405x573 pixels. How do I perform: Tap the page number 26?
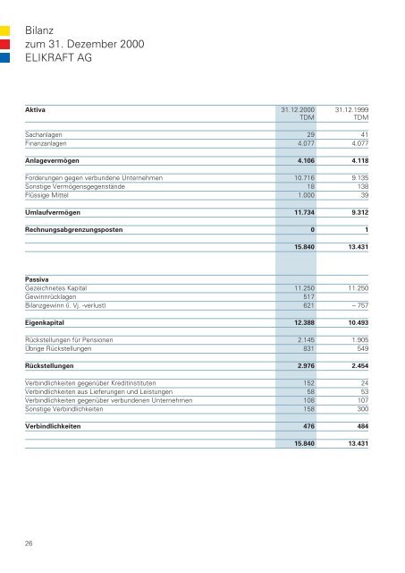30,540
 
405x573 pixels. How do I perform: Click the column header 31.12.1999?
352,110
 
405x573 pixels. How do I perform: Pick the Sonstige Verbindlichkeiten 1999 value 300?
362,409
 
